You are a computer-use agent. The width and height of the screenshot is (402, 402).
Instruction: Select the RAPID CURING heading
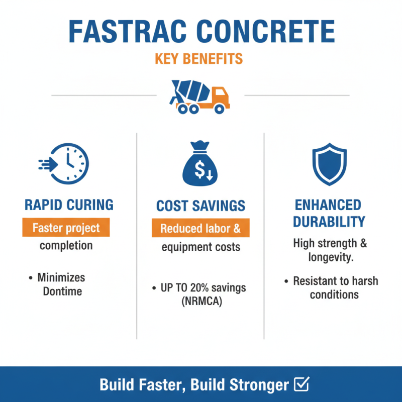pos(69,205)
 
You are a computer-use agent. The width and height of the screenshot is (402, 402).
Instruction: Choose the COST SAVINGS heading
pos(200,206)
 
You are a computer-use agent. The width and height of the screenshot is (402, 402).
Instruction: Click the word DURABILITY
pos(329,222)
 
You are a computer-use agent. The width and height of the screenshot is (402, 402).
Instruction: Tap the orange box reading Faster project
pos(66,228)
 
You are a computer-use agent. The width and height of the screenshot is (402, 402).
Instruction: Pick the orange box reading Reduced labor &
pos(200,229)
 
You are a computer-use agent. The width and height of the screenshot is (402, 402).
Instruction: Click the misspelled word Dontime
pos(62,291)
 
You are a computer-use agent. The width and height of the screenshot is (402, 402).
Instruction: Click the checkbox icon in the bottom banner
pos(300,385)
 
